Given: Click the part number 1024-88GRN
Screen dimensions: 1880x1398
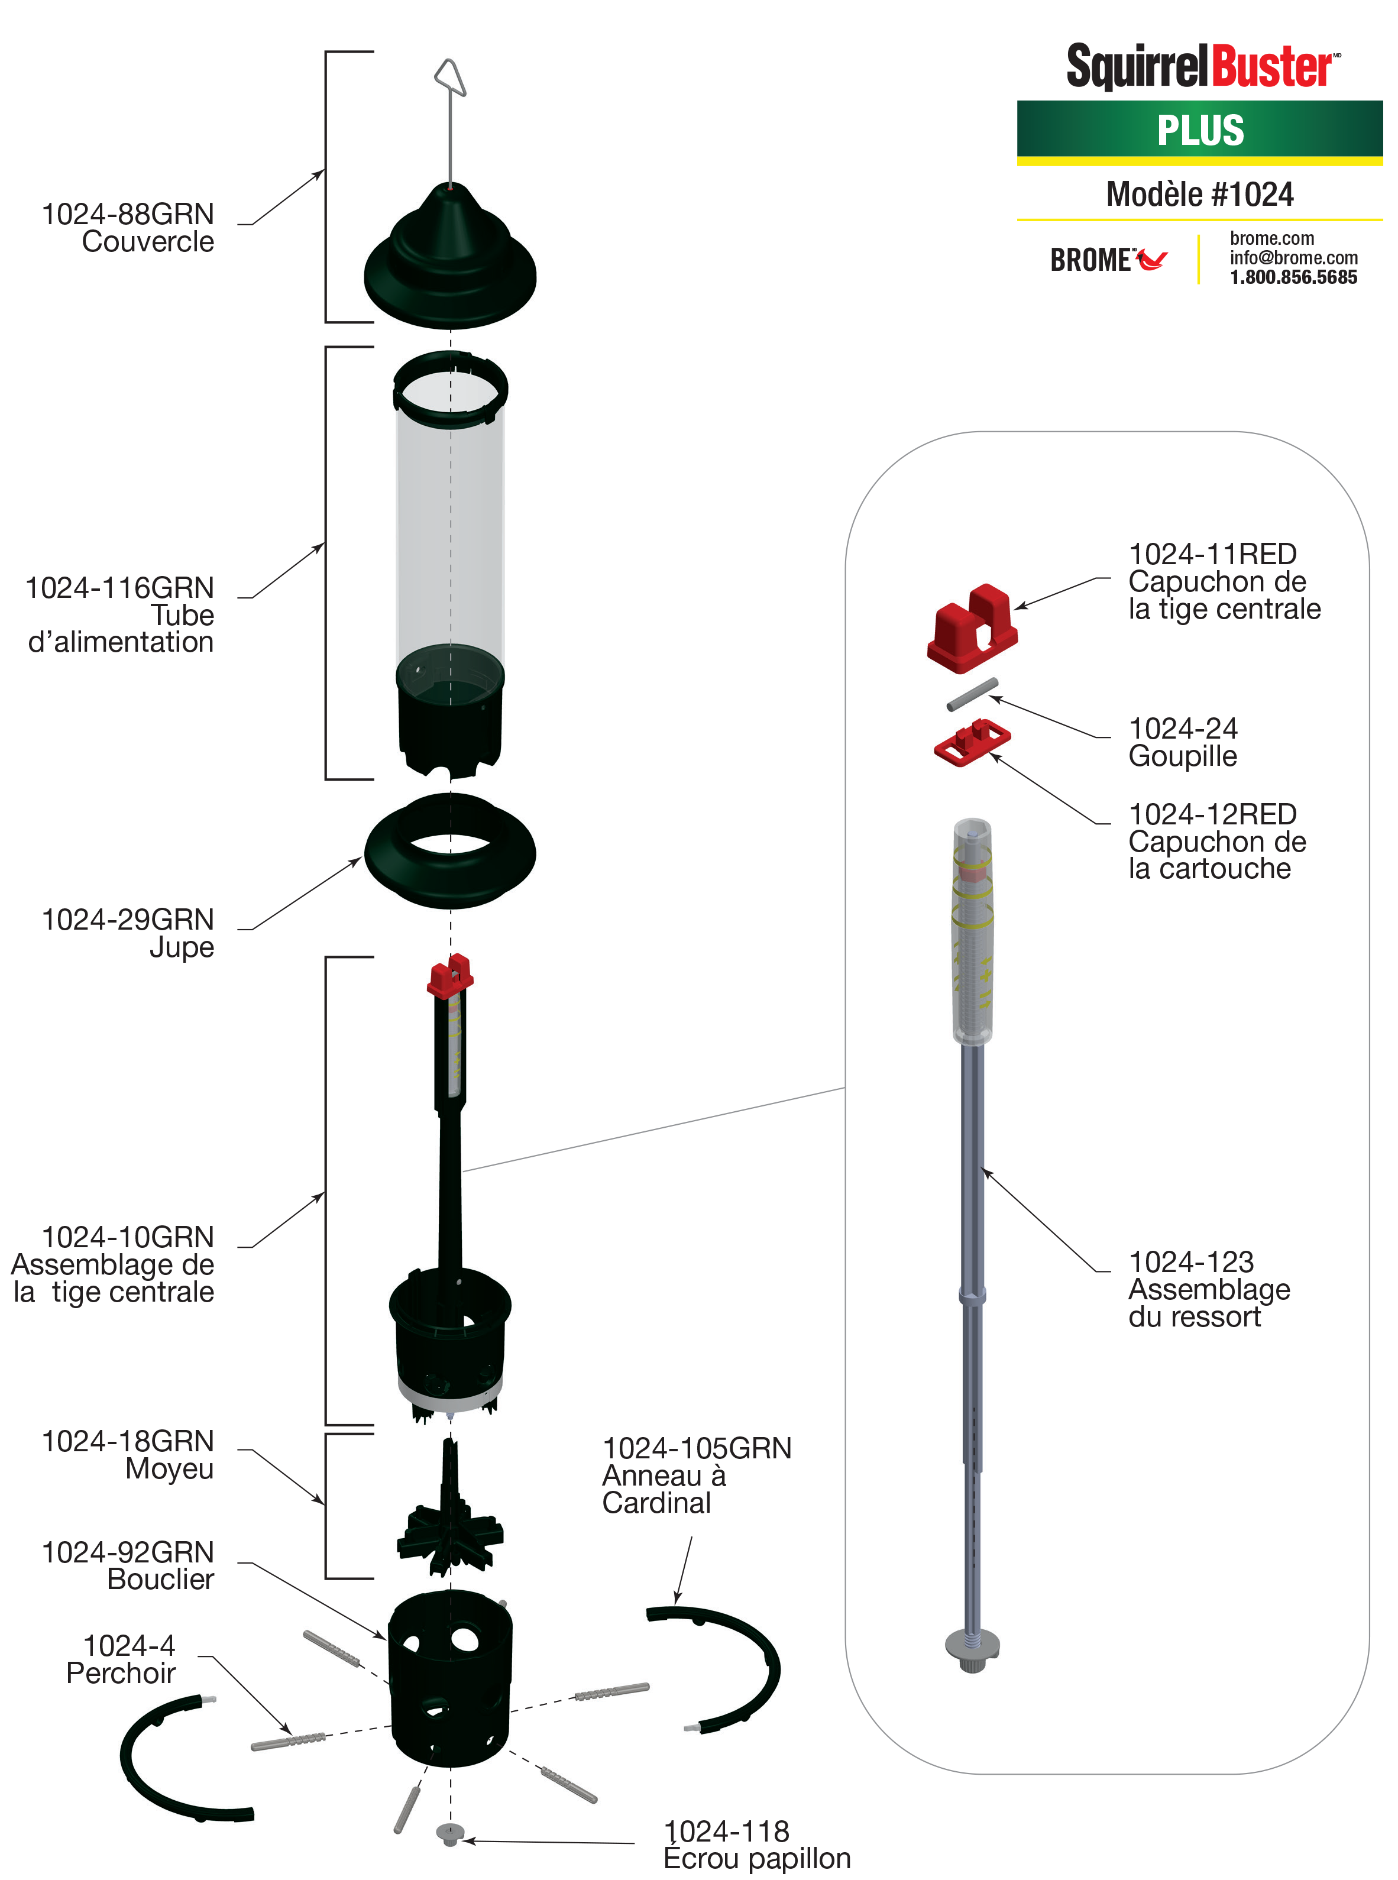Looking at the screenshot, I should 128,215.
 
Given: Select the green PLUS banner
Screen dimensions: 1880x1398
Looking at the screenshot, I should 1199,130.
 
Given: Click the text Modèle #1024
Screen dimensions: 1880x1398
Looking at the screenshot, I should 1199,195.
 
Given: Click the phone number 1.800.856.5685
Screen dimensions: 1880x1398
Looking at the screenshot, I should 1293,277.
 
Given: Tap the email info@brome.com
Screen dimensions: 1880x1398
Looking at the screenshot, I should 1293,258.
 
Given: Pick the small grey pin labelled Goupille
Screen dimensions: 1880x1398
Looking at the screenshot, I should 972,695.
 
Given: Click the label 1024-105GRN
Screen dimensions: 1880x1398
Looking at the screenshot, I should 697,1448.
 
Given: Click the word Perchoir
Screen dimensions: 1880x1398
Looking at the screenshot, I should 121,1674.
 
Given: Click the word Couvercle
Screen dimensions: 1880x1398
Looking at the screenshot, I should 148,242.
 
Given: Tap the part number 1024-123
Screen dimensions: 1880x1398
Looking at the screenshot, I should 1190,1263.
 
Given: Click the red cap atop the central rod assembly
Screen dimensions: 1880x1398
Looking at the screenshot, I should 449,976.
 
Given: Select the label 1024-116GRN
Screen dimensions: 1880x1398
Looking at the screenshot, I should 119,588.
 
